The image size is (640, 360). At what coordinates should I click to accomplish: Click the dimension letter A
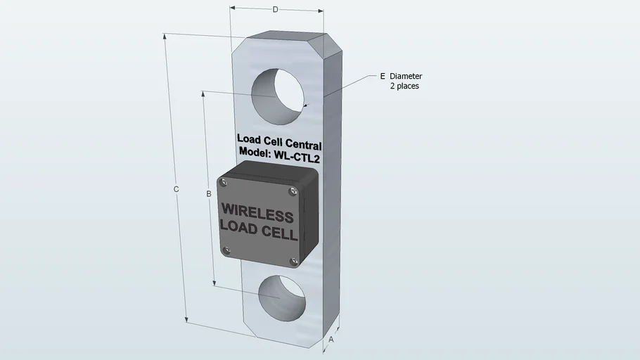(x=331, y=340)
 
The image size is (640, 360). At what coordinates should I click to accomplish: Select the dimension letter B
(x=209, y=194)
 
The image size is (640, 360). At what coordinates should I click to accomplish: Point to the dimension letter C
(x=176, y=189)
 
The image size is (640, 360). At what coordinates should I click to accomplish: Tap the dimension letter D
(x=276, y=9)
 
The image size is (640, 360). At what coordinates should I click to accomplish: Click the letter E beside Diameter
(x=383, y=76)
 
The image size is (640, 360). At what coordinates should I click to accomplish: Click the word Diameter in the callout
(x=406, y=76)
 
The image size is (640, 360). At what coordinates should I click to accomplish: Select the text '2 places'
(x=404, y=86)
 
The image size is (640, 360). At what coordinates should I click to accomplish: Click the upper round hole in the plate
(x=278, y=96)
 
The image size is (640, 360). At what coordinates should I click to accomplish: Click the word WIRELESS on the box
(x=257, y=212)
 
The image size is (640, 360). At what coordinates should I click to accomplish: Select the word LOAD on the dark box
(x=239, y=226)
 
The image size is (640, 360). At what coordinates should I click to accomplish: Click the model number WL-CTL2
(x=297, y=156)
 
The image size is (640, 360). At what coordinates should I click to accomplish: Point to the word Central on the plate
(x=303, y=144)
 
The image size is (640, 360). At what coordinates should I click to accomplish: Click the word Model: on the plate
(x=255, y=151)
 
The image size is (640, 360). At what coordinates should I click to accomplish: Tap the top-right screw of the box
(x=293, y=191)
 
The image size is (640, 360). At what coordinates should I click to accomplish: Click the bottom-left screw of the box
(x=226, y=250)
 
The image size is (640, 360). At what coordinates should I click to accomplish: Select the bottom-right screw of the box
(x=294, y=262)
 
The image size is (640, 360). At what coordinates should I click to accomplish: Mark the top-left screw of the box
(x=224, y=182)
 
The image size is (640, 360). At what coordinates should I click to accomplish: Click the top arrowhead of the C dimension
(x=165, y=37)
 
